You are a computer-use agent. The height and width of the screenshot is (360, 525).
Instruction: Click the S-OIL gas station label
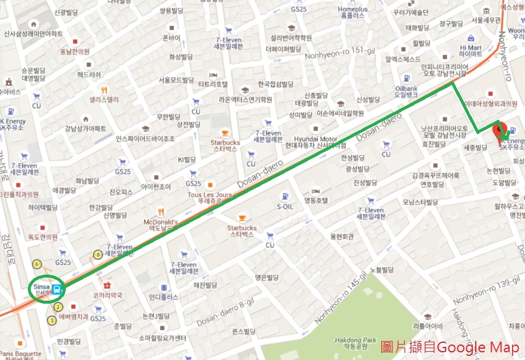click(x=286, y=206)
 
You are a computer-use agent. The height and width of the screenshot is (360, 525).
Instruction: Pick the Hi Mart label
click(x=470, y=50)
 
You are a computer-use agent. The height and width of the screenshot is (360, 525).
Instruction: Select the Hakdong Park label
click(x=354, y=343)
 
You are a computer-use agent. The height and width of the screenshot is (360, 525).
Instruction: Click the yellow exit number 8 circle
click(x=98, y=255)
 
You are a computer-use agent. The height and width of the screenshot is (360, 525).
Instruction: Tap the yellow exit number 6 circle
click(x=37, y=263)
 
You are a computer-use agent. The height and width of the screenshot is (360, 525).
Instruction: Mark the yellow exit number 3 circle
click(x=52, y=321)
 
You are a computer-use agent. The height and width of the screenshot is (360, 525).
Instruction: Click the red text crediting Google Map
click(x=449, y=348)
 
